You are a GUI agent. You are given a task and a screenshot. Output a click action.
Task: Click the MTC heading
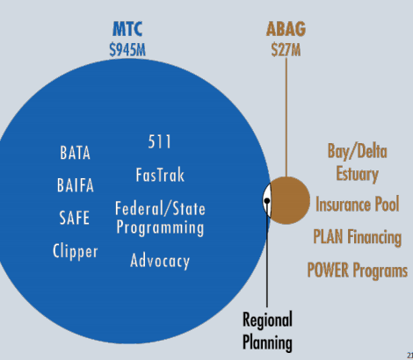(127, 29)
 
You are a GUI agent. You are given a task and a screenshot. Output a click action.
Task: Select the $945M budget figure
(127, 49)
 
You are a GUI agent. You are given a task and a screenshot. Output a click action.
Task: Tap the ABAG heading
(286, 29)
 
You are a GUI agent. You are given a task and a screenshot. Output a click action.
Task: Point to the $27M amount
(286, 49)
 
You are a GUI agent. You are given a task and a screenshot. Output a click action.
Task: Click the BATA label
(76, 153)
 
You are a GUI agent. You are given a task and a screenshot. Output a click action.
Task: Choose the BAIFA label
(76, 185)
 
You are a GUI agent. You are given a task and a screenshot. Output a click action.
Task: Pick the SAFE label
(75, 218)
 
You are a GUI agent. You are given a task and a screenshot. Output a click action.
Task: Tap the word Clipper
(76, 252)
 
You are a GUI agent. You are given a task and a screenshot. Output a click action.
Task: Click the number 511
(159, 142)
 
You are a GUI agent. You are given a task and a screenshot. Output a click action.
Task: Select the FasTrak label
(160, 175)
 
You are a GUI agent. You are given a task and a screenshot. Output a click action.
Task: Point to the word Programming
(160, 228)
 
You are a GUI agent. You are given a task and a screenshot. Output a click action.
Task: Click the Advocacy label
(160, 261)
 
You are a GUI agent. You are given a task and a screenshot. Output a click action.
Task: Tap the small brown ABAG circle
(290, 200)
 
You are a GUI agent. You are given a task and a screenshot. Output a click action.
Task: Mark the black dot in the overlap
(267, 201)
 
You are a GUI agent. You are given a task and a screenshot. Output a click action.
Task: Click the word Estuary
(357, 175)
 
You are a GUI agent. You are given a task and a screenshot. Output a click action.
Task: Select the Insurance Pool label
(358, 204)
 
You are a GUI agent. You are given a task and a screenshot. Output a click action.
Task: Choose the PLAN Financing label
(358, 237)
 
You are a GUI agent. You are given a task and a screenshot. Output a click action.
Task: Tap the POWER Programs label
(358, 270)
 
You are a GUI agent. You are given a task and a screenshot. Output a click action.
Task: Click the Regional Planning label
(267, 331)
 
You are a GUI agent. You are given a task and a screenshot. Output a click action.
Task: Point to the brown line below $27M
(286, 117)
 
